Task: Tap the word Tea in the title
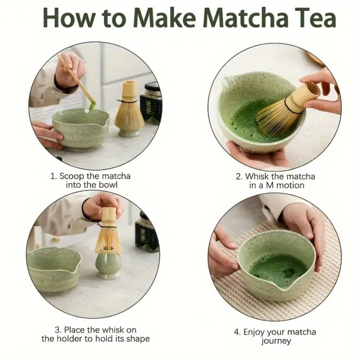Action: tap(314, 19)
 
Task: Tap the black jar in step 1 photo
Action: tap(151, 103)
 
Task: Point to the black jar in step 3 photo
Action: tap(147, 231)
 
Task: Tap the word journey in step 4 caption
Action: tap(276, 341)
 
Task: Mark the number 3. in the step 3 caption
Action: tap(58, 330)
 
